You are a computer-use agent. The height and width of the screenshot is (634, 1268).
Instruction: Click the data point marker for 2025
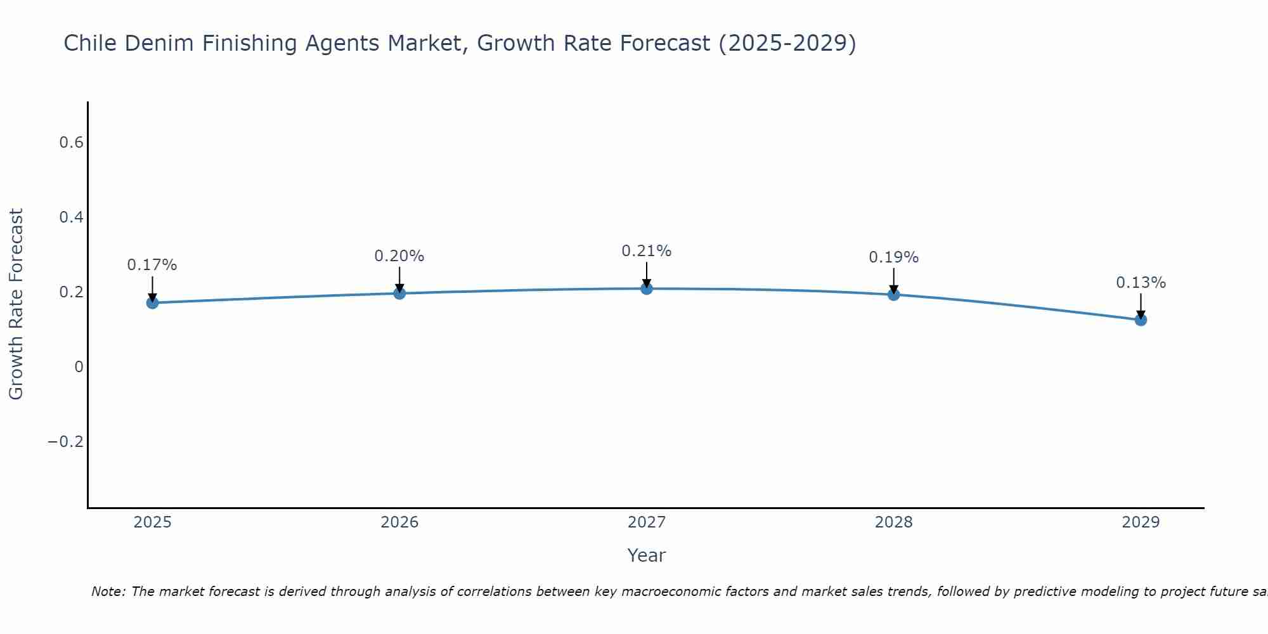click(152, 303)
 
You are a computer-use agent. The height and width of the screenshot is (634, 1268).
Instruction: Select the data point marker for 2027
click(646, 289)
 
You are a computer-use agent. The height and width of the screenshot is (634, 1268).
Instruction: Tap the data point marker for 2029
click(1140, 320)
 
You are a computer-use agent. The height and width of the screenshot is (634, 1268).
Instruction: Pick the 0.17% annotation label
click(152, 265)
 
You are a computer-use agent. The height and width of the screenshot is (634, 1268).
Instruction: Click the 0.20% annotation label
click(399, 256)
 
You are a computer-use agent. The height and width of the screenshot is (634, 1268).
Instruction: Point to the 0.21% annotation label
click(646, 251)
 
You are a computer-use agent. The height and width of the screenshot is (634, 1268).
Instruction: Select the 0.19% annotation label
click(893, 257)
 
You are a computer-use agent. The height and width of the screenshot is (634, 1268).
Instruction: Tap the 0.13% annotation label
click(1140, 283)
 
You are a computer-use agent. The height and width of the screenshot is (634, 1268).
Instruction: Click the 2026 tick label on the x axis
click(399, 522)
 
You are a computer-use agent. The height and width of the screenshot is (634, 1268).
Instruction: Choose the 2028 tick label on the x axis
click(893, 522)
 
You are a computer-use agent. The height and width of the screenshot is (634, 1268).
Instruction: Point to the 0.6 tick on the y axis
click(71, 143)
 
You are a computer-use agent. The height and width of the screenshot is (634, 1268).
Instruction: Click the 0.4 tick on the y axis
click(71, 217)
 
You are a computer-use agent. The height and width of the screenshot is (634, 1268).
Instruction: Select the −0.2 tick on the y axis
click(65, 442)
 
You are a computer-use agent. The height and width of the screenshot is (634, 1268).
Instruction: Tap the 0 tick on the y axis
click(79, 367)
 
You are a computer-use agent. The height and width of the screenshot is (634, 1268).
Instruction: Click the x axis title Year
click(646, 556)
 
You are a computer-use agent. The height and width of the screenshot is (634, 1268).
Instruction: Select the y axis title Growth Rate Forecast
click(16, 304)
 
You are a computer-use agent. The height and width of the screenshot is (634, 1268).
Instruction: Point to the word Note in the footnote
click(108, 592)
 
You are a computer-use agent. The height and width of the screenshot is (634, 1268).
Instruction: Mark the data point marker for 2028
click(893, 295)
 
